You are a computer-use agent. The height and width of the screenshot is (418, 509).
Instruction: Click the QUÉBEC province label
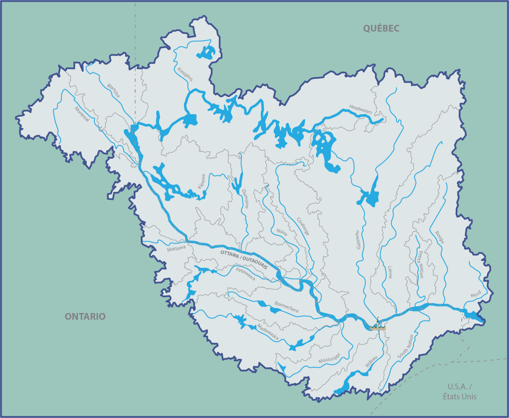381,29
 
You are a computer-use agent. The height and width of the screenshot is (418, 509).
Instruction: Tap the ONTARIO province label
85,317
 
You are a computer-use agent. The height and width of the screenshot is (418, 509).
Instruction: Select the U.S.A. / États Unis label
460,391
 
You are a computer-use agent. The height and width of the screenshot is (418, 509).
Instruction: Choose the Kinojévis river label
185,74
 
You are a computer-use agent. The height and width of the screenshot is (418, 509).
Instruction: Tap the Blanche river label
113,90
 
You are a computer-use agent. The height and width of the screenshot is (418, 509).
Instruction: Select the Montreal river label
82,114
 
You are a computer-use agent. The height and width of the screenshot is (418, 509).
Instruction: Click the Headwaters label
361,109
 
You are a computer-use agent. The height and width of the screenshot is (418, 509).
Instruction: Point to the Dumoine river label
245,199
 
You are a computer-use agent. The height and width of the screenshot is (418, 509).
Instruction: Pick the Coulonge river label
303,226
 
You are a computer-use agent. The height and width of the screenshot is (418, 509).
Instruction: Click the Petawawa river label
246,274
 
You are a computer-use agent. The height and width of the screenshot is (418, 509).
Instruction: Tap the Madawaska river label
268,332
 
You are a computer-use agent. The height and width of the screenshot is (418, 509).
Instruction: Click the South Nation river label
406,346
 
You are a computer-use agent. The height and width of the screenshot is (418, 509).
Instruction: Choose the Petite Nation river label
421,264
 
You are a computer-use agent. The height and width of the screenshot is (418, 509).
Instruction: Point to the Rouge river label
439,237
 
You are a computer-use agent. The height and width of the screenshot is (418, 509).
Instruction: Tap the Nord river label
476,294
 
